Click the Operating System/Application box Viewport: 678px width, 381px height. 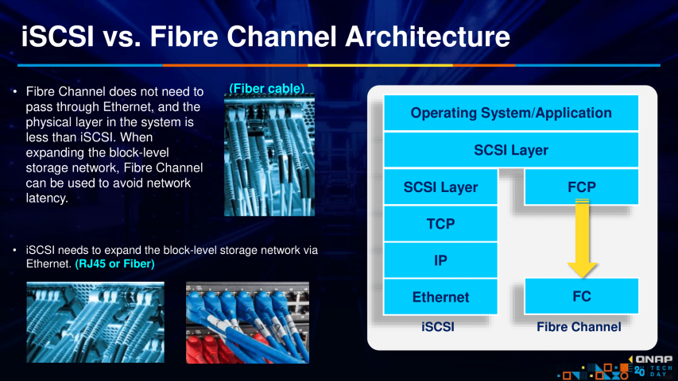[511, 113]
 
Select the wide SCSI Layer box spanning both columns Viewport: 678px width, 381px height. [511, 149]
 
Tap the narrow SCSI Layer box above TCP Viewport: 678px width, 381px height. [440, 187]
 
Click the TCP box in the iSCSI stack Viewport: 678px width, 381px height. [440, 224]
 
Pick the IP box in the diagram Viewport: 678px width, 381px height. [440, 260]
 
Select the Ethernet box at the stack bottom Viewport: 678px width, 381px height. [440, 297]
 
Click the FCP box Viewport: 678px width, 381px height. [582, 187]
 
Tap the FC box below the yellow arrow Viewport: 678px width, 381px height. [582, 296]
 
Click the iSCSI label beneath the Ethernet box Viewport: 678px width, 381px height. [438, 326]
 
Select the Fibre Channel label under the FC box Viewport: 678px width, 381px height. [579, 326]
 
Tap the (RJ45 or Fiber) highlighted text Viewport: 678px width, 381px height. [114, 263]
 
